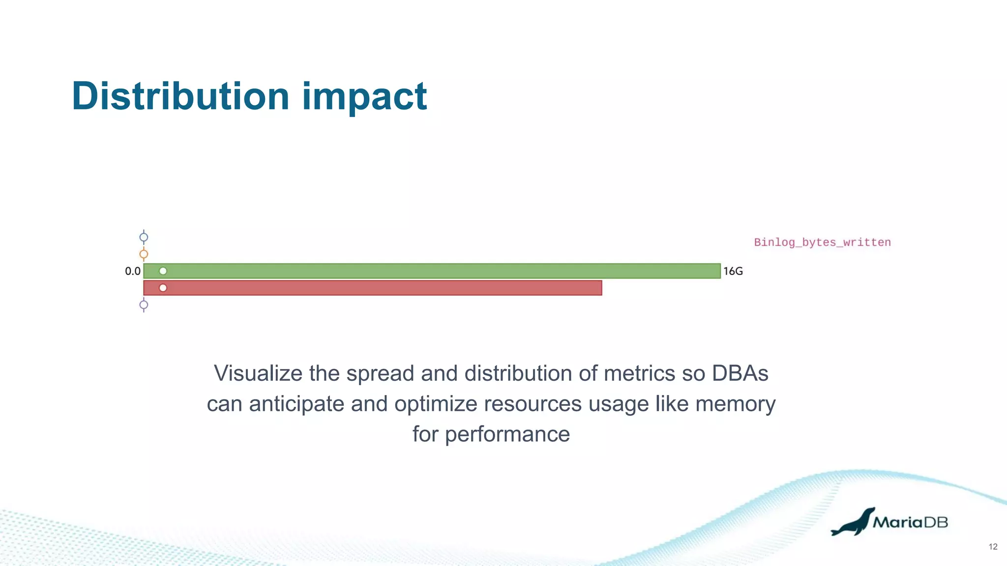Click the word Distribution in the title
coord(180,96)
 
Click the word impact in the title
coord(364,96)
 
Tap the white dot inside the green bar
coord(163,271)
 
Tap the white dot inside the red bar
coord(163,288)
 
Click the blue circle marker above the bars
coord(144,237)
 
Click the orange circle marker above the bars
coord(144,254)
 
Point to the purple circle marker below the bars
coord(144,305)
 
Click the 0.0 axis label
coord(133,271)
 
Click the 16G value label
coord(733,271)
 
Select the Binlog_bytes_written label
coord(822,242)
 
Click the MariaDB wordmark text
coord(910,522)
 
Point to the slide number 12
coord(993,547)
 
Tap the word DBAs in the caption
coord(740,373)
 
